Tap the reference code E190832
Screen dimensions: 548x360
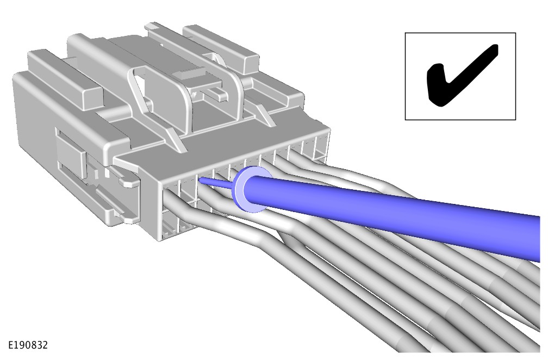tap(28, 345)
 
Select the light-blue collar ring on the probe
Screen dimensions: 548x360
tap(250, 189)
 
